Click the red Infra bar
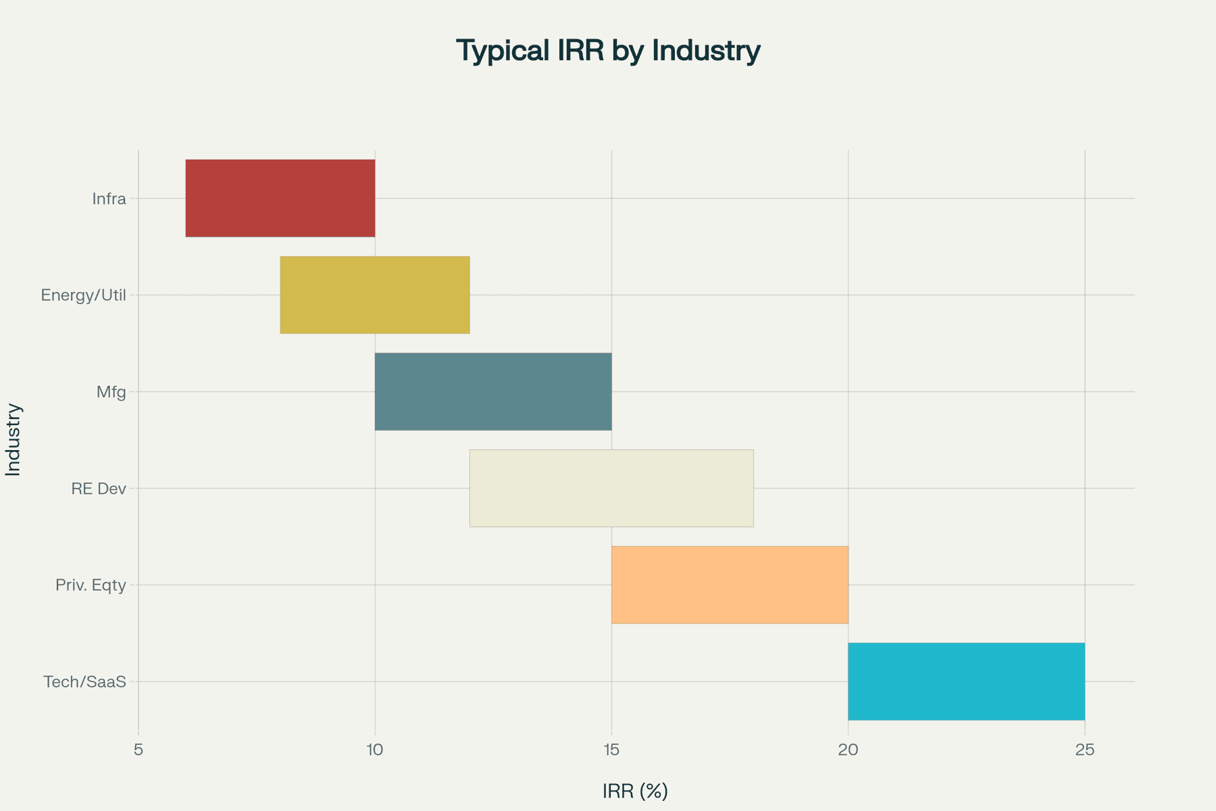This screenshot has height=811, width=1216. click(x=280, y=198)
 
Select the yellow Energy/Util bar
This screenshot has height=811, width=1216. click(x=375, y=295)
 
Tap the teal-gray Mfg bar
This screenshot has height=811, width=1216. click(x=493, y=391)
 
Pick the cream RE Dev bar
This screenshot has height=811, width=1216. click(x=611, y=488)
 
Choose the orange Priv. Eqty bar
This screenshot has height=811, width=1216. click(x=730, y=585)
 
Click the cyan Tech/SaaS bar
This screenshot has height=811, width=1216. click(x=966, y=681)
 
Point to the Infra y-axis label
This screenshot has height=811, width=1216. click(x=109, y=199)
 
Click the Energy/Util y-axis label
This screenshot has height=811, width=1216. click(x=84, y=295)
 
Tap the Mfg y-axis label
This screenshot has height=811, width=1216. click(x=111, y=392)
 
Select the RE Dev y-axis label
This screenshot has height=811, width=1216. click(x=99, y=489)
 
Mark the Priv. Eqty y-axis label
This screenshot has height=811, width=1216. click(x=91, y=585)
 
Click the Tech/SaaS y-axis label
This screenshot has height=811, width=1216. click(x=85, y=682)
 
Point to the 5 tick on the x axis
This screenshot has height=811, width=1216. click(x=138, y=749)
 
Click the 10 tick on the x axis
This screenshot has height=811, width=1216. click(x=375, y=749)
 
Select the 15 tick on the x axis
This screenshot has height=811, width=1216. click(x=611, y=749)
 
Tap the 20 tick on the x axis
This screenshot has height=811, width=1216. click(x=848, y=749)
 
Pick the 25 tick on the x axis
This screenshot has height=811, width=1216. click(x=1084, y=749)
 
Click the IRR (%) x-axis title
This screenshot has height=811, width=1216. click(x=635, y=791)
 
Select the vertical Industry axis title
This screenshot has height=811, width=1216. click(x=14, y=439)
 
